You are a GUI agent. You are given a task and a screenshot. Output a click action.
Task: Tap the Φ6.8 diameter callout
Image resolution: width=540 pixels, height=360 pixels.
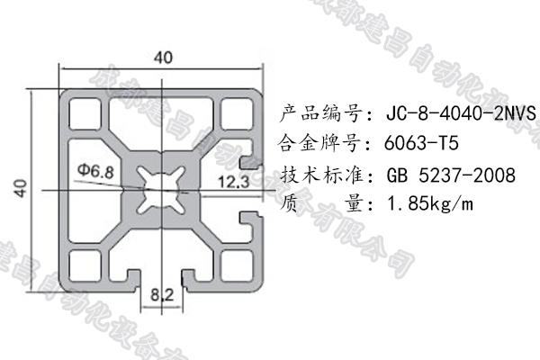(95, 169)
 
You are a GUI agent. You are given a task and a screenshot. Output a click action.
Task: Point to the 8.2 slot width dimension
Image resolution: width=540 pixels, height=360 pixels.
(163, 292)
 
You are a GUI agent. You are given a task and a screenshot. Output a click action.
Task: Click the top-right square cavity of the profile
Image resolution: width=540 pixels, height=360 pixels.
(238, 112)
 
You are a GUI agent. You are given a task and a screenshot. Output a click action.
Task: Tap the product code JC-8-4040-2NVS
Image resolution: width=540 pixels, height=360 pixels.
(460, 114)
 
